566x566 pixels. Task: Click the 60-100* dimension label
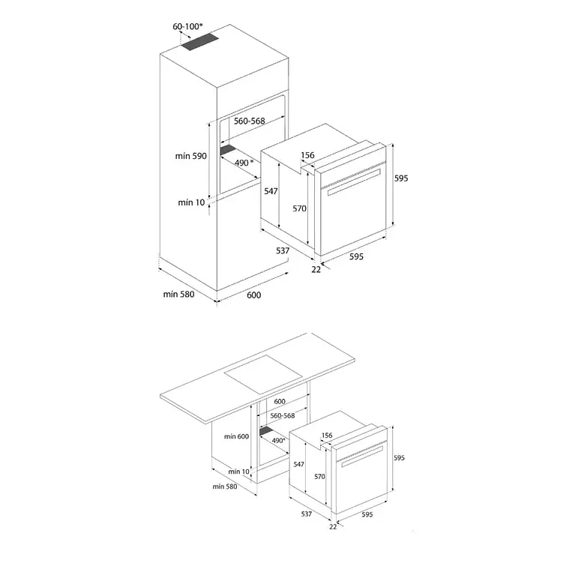[187, 27]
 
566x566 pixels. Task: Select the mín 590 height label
[191, 156]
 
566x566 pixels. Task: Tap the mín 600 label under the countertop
[236, 436]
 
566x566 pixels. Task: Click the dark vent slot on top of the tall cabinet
[199, 43]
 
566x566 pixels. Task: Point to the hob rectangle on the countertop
[263, 374]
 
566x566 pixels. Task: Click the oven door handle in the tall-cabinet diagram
[355, 182]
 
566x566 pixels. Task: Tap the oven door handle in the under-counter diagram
[362, 457]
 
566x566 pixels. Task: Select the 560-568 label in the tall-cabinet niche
[250, 121]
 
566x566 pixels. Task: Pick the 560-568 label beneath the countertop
[283, 416]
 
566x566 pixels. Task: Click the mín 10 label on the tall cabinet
[191, 202]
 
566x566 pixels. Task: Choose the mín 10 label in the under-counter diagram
[238, 472]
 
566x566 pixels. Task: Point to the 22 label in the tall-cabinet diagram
[316, 270]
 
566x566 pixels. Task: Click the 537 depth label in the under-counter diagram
[307, 514]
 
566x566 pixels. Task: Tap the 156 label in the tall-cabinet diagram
[307, 155]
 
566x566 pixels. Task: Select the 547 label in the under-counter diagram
[299, 464]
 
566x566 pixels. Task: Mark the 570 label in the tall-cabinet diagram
[300, 208]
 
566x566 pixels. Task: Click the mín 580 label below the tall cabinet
[178, 294]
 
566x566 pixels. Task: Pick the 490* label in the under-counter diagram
[278, 441]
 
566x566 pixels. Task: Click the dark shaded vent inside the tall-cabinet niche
[228, 150]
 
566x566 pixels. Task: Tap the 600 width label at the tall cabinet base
[253, 295]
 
